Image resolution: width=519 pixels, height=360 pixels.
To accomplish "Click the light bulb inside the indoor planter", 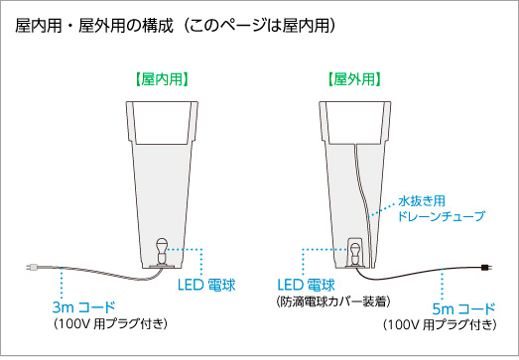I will point(163,248).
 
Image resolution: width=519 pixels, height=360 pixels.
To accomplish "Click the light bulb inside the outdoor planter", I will point(354,248).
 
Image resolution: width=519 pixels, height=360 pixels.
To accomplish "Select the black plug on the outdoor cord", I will point(485,266).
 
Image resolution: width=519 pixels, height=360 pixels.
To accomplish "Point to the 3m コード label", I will point(83,305).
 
